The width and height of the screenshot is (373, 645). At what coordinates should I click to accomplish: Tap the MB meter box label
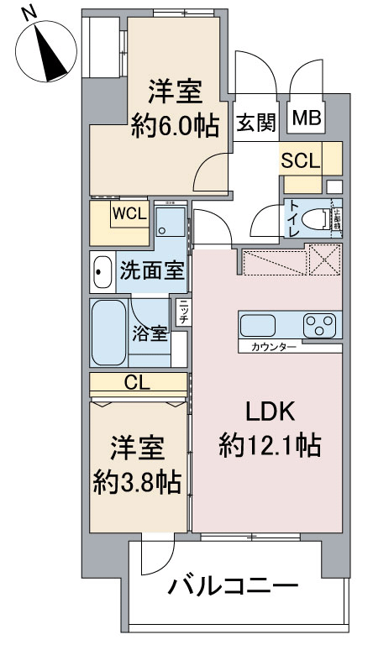306,120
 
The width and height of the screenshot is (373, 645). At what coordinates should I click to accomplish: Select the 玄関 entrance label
255,123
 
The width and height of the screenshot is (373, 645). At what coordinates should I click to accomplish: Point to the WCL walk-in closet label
130,213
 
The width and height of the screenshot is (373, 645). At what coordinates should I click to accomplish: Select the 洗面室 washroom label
151,270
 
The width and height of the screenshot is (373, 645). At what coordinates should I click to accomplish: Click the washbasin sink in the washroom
102,271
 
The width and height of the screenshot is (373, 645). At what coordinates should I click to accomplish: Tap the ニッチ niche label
182,312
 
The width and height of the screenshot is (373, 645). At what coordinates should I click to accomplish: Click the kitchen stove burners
319,323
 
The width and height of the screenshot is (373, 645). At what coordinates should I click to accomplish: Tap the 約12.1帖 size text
269,444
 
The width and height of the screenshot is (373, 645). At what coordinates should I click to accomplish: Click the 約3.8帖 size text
137,481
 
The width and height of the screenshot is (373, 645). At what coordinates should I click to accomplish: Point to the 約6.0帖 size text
175,126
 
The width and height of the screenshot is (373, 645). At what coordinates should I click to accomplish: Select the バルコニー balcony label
230,585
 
